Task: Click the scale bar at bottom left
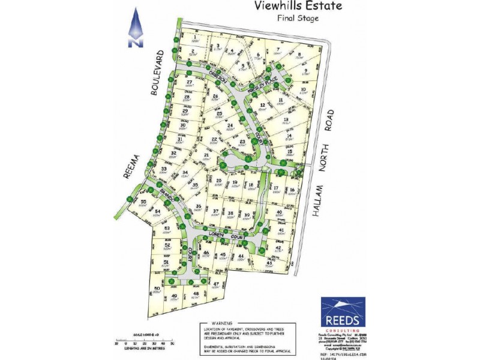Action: tap(144, 342)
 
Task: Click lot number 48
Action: tap(196, 293)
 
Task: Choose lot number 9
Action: tap(306, 71)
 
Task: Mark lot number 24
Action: tap(229, 125)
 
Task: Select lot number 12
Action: tap(262, 106)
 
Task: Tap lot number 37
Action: tap(215, 211)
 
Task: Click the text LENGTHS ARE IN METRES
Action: tap(144, 348)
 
